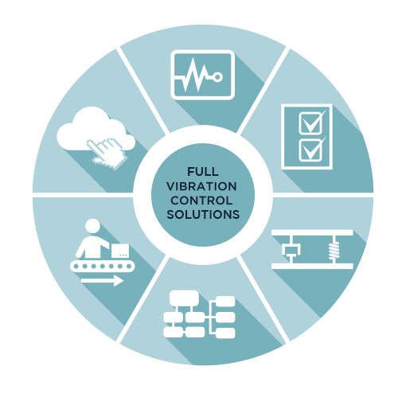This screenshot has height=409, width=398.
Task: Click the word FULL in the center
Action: [x=203, y=172]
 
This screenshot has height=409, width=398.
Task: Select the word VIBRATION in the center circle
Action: [x=202, y=186]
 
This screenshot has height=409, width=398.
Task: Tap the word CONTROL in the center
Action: [x=201, y=201]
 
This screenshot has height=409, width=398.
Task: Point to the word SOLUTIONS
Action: [x=203, y=214]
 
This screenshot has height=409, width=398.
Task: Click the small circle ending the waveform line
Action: [x=218, y=77]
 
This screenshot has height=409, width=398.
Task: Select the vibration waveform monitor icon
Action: [x=203, y=75]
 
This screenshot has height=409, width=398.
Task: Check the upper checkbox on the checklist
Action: [x=311, y=123]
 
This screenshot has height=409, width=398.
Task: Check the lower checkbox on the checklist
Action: [x=311, y=150]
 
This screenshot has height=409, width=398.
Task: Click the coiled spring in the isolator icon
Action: [x=334, y=251]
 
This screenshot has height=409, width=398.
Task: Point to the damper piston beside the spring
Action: [x=291, y=251]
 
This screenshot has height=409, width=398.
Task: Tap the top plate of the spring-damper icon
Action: [x=312, y=232]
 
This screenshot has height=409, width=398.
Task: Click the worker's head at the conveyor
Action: [x=92, y=226]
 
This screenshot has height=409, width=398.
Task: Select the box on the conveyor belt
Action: [x=120, y=251]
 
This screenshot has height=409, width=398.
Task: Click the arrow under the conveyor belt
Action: [x=103, y=281]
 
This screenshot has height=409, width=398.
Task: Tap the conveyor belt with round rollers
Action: [x=103, y=266]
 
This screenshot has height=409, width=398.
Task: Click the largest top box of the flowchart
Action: [x=184, y=298]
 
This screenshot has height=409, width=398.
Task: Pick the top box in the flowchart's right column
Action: [x=225, y=302]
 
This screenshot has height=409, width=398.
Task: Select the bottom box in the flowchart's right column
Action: [x=225, y=333]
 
